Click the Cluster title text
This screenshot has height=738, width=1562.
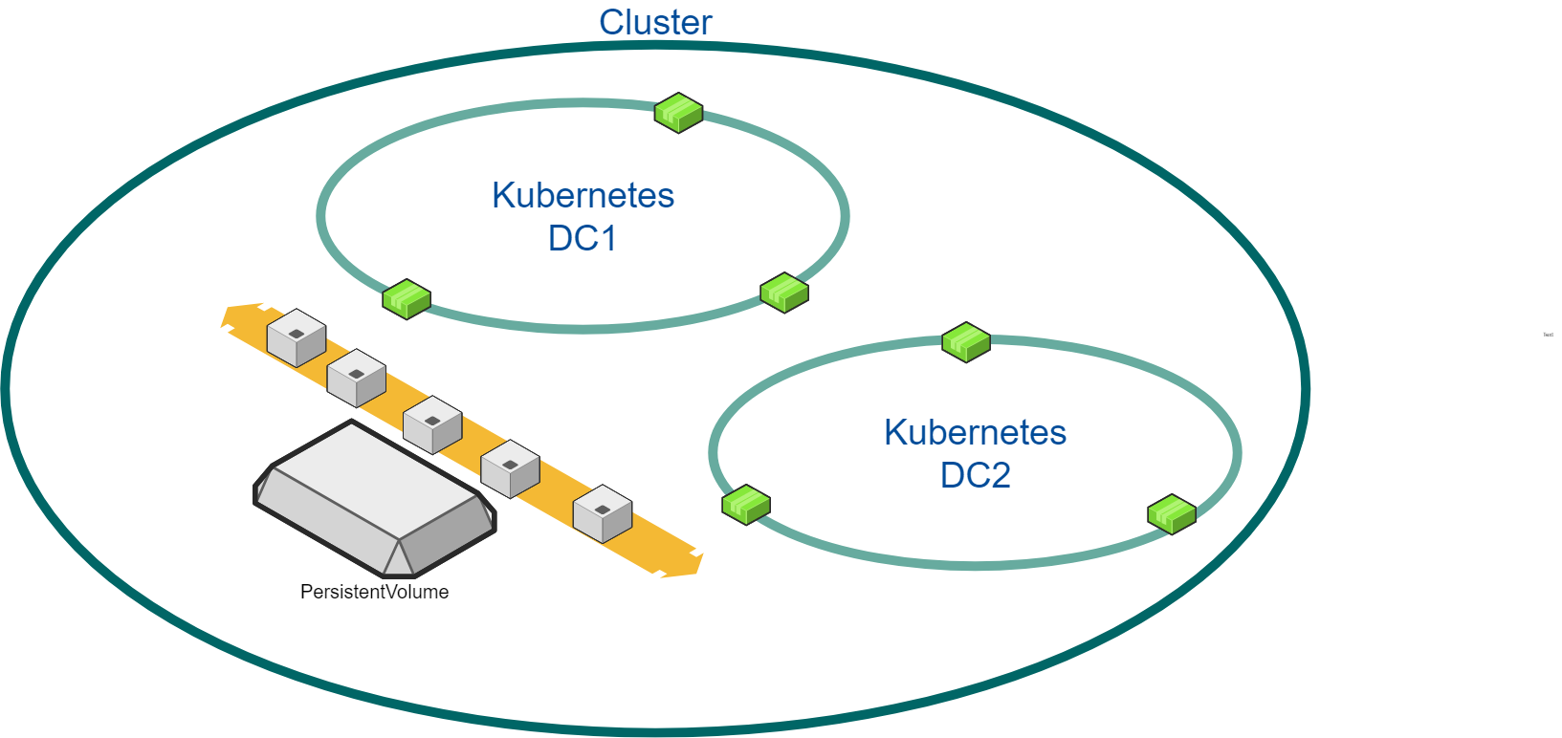click(655, 23)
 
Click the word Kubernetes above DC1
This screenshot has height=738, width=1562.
click(583, 195)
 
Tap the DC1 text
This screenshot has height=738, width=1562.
click(583, 238)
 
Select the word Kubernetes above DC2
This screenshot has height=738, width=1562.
click(975, 432)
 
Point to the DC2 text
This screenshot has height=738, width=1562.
click(975, 475)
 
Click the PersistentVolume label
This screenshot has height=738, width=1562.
click(374, 592)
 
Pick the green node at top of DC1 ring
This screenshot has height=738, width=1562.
click(678, 113)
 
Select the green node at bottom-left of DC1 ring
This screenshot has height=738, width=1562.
click(407, 299)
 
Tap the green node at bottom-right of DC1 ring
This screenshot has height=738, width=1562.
click(784, 293)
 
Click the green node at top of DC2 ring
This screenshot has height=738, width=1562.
click(966, 341)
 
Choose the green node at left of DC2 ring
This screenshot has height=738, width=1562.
click(746, 504)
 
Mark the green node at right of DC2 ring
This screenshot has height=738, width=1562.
click(1172, 514)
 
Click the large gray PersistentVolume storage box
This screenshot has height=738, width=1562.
click(375, 500)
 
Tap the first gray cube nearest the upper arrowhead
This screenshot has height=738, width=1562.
click(297, 337)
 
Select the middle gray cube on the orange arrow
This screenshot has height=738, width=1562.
click(432, 424)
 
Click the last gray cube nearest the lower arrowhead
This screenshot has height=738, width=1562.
click(603, 513)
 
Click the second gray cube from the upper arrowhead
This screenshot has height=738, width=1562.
click(357, 378)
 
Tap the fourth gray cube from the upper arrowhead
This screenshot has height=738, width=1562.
click(510, 468)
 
